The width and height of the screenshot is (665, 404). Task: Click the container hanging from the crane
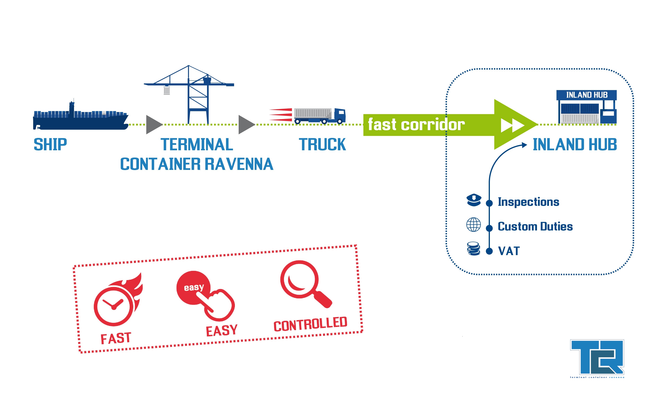pyautogui.click(x=167, y=90)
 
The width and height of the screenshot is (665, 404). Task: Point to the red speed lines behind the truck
pyautogui.click(x=281, y=115)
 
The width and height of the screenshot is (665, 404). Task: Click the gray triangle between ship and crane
pyautogui.click(x=153, y=125)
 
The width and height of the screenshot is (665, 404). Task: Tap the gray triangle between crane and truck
pyautogui.click(x=246, y=125)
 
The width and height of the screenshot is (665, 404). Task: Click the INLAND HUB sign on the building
pyautogui.click(x=586, y=95)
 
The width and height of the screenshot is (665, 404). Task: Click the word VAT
pyautogui.click(x=509, y=251)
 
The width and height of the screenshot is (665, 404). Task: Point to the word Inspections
pyautogui.click(x=528, y=202)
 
